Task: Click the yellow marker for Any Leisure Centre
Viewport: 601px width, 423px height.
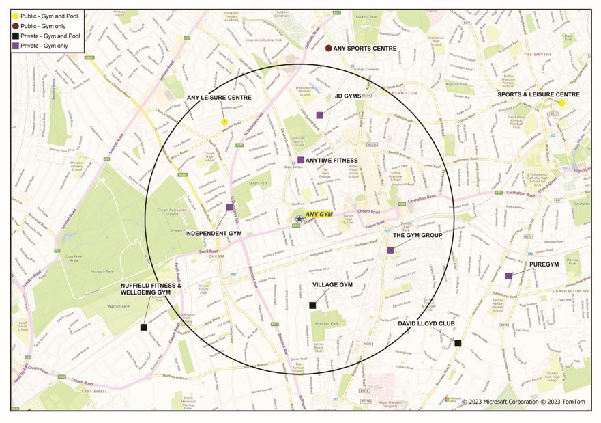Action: (x=224, y=122)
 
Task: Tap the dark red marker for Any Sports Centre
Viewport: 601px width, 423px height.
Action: (x=328, y=49)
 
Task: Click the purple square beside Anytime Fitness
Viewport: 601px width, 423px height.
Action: (x=300, y=160)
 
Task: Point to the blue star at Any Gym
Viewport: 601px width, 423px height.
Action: (x=299, y=219)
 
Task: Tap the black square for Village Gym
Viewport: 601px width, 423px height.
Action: (x=312, y=305)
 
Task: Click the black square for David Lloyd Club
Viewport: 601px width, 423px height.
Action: (x=458, y=343)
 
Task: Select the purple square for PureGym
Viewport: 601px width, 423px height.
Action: (x=509, y=276)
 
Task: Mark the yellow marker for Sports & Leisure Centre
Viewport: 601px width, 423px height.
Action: (x=561, y=103)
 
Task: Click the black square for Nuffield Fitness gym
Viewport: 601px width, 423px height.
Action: (x=143, y=327)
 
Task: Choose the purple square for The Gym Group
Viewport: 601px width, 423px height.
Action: (x=390, y=250)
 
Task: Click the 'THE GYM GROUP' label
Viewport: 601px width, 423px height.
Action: (x=417, y=235)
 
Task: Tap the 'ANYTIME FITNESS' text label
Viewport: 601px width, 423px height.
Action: (x=332, y=161)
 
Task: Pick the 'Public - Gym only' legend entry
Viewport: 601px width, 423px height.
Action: (x=41, y=25)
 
